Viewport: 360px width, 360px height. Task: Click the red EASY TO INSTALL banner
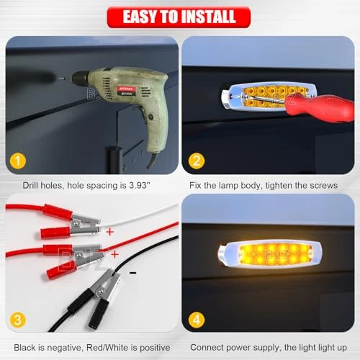[179, 17]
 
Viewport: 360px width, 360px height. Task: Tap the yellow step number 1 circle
[18, 161]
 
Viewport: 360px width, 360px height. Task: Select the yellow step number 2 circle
[197, 161]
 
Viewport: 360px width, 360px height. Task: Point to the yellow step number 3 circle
[18, 320]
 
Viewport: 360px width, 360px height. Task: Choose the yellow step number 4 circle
[197, 320]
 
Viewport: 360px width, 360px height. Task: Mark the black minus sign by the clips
[132, 273]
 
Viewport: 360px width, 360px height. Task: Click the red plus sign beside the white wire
[110, 232]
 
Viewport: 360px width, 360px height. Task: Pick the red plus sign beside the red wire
[115, 254]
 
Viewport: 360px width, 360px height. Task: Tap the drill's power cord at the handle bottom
[151, 160]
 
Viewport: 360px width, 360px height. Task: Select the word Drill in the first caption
[30, 185]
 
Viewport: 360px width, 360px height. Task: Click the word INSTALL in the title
[208, 17]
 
